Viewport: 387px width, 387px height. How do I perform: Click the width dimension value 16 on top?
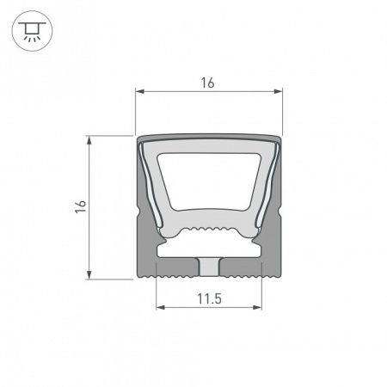click(x=208, y=83)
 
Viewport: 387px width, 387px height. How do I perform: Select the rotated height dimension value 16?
click(x=80, y=206)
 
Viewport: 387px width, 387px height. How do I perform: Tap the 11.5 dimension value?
click(x=208, y=299)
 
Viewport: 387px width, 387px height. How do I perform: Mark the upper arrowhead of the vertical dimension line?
click(x=89, y=138)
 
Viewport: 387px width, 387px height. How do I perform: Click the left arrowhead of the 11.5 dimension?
click(x=159, y=307)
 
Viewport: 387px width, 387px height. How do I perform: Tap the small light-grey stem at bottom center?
click(x=208, y=267)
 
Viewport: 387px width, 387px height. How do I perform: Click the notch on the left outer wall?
click(x=139, y=211)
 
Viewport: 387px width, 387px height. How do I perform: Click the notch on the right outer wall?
click(x=279, y=211)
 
